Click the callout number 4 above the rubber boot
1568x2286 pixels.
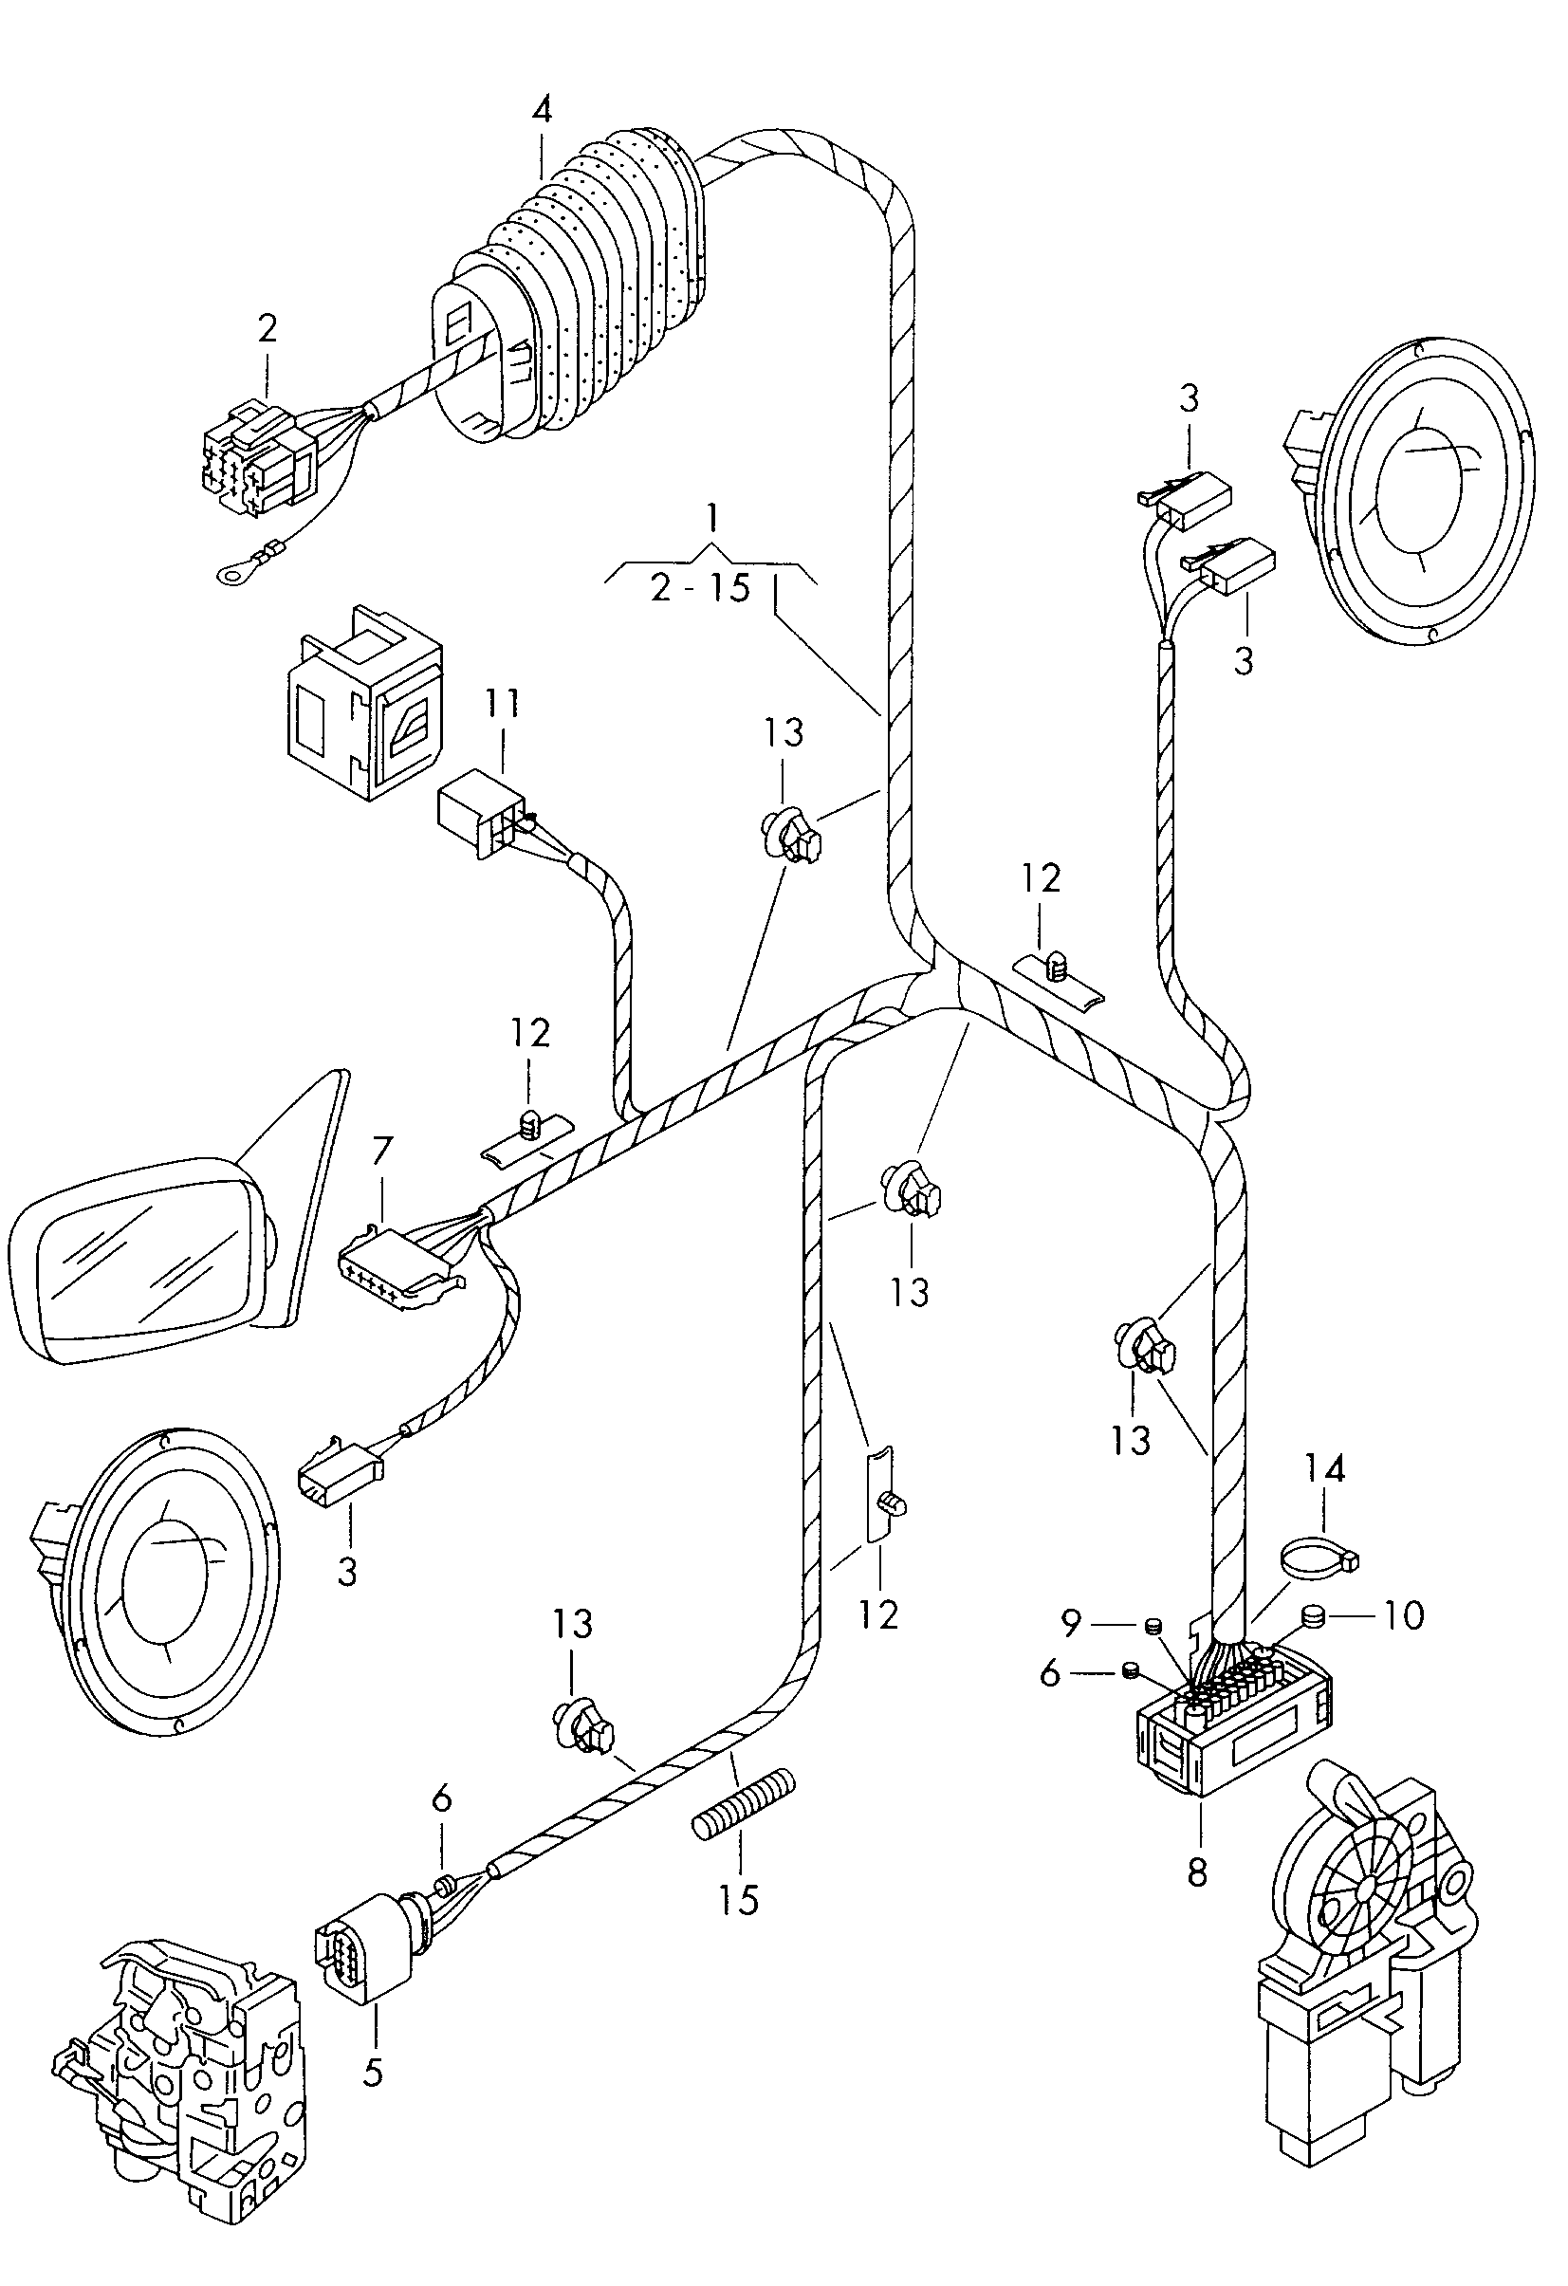coord(542,109)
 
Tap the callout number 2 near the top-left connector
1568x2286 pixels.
coord(267,328)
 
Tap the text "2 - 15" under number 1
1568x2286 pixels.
coord(700,587)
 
